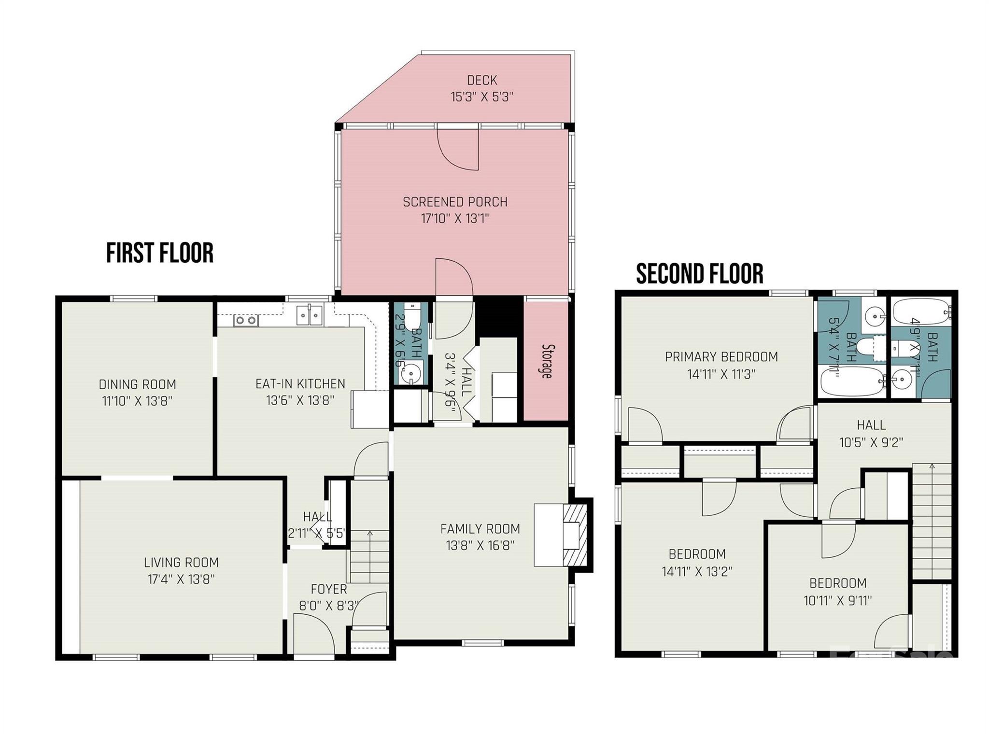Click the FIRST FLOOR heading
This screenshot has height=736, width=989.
tap(160, 254)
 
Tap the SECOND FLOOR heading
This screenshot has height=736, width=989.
tap(699, 274)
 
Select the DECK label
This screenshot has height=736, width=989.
tap(482, 80)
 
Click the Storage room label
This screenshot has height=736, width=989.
tap(547, 361)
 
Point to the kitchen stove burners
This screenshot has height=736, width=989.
tap(246, 320)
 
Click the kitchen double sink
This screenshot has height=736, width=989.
tap(310, 316)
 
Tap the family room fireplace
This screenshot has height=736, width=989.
tap(575, 535)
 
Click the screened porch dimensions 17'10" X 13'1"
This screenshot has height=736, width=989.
tap(455, 219)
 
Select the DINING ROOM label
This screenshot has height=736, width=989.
tap(137, 384)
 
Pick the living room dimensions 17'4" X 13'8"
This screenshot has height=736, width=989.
tap(181, 579)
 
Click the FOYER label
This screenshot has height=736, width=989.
tap(329, 589)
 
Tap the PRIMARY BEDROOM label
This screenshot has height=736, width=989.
tap(721, 357)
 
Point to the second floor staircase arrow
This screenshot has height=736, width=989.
tap(932, 467)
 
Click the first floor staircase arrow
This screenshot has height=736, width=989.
tap(370, 534)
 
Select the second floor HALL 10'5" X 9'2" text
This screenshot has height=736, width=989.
tap(871, 434)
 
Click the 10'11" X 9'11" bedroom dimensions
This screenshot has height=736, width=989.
tap(837, 601)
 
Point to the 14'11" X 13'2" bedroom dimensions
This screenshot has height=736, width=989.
tap(697, 571)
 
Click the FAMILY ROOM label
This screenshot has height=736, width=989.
tap(480, 529)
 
